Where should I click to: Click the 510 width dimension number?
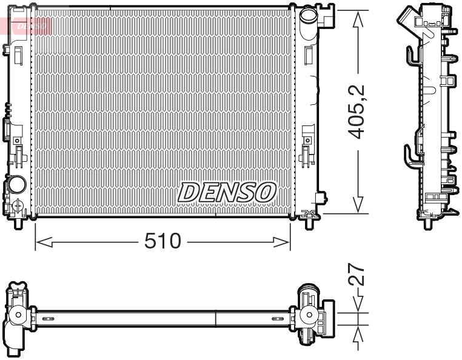coord(162,242)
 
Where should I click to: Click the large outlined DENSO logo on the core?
coord(227,193)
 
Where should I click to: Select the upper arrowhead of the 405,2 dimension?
coord(360,17)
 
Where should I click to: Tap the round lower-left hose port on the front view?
coord(17,183)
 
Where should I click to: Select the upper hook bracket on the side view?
coord(412,56)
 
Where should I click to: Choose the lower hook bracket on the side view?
coord(412,155)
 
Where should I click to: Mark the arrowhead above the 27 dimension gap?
coord(360,305)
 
